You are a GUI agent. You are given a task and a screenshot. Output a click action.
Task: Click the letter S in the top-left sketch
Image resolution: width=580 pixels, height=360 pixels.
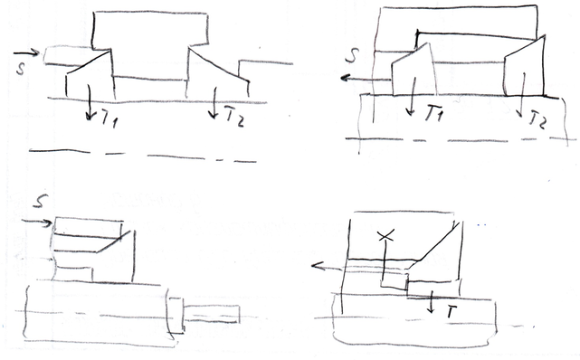point(21,69)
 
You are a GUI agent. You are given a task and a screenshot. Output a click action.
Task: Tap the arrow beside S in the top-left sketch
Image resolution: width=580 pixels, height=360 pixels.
point(26,52)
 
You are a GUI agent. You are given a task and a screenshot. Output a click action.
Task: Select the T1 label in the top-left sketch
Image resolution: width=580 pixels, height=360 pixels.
point(109,119)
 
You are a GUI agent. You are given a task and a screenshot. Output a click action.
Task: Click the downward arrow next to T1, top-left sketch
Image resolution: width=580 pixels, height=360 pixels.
point(89,102)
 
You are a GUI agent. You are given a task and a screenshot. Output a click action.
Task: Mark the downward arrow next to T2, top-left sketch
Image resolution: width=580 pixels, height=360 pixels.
point(214,103)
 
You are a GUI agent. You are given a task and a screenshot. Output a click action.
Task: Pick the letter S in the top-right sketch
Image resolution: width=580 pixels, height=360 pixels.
point(353,55)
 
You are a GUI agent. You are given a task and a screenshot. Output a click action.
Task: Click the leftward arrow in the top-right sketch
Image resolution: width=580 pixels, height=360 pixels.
point(366,79)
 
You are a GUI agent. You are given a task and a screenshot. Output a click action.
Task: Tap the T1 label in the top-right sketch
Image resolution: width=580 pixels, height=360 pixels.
point(433,113)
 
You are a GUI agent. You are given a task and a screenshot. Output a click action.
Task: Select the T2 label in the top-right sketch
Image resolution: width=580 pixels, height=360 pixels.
point(537,119)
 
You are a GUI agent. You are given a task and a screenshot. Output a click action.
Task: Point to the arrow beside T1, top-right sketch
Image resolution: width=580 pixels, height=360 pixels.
point(412,96)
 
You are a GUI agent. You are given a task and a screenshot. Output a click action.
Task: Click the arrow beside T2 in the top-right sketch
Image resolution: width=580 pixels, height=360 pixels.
point(521,95)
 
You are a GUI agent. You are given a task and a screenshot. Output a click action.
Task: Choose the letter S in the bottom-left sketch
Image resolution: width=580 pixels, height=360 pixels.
point(41,201)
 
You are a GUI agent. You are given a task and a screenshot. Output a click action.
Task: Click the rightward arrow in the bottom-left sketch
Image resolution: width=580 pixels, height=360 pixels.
point(37,223)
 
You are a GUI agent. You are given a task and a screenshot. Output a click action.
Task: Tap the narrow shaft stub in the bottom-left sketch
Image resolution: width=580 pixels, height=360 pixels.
point(212,314)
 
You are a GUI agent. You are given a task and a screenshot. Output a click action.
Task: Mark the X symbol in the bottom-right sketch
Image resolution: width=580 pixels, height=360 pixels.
point(386,235)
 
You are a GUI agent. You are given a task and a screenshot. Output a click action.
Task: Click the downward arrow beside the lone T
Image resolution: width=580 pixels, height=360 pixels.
point(431,301)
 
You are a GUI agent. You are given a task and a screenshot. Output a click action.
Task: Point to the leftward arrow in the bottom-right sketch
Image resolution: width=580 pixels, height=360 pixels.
point(328,267)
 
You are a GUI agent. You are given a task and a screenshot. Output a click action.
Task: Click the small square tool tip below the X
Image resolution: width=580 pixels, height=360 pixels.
point(395,280)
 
